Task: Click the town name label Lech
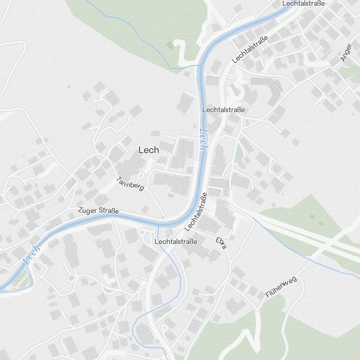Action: [x=149, y=150]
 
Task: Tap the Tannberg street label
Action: [x=130, y=184]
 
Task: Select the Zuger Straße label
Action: [x=98, y=211]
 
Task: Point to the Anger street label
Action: [x=346, y=53]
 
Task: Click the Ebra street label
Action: [x=221, y=244]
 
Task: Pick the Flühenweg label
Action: [x=281, y=287]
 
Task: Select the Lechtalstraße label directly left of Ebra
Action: [x=176, y=242]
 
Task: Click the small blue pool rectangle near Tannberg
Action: [x=171, y=195]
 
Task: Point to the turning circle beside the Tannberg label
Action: [x=140, y=176]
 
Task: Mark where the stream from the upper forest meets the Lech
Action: [x=198, y=66]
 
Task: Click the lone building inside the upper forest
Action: [x=170, y=45]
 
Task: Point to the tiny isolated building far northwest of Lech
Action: [x=68, y=86]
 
